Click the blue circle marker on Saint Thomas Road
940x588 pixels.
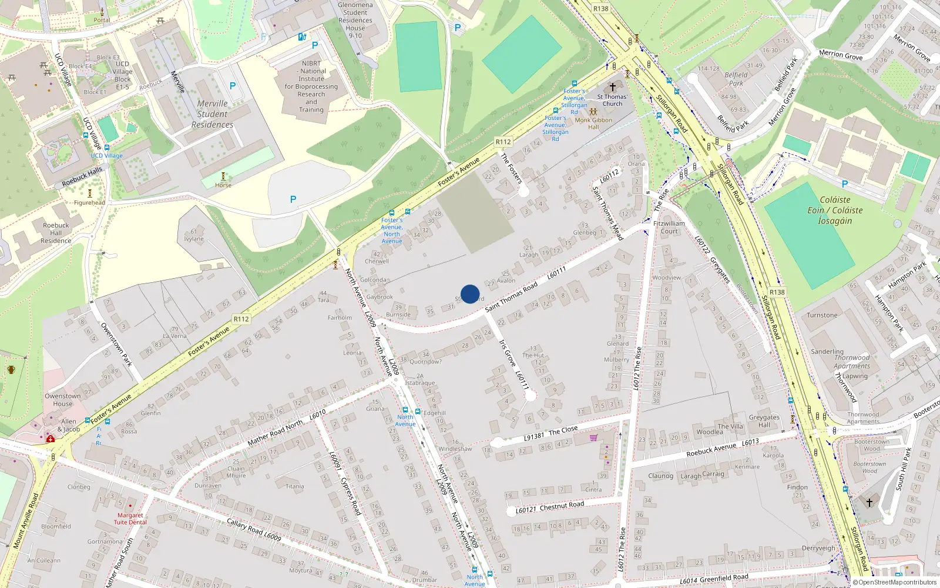coord(470,294)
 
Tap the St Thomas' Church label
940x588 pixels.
coord(612,100)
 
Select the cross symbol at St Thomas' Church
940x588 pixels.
coord(612,87)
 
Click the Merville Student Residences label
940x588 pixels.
coord(212,114)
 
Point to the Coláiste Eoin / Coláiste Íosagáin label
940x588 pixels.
coord(835,211)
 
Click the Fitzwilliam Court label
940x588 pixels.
coord(669,227)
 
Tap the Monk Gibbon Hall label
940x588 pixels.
coord(593,123)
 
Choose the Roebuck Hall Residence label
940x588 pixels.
coord(56,233)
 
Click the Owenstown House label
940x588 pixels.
coord(63,400)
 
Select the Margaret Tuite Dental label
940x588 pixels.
coord(130,519)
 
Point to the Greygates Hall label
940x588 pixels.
coord(764,421)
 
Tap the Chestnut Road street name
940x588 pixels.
coord(562,505)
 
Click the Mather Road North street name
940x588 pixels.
coord(275,433)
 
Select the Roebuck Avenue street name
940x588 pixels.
coord(711,450)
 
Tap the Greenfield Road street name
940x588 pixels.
coord(724,578)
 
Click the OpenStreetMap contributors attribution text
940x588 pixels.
coord(897,582)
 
